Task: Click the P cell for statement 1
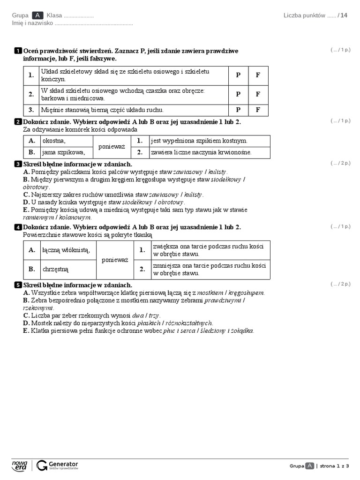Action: coord(238,75)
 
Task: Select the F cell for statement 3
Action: coord(258,110)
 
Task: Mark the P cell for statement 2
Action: coord(238,94)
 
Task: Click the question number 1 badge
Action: coord(18,51)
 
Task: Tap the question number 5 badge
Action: coord(18,285)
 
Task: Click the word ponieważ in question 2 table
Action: coord(112,147)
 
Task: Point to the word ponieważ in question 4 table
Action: coord(115,260)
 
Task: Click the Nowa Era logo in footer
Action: coord(20,465)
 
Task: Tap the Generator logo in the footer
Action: coord(57,465)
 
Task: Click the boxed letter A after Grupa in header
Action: coord(38,15)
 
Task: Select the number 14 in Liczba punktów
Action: coord(344,15)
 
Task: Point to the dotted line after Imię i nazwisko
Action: coord(94,23)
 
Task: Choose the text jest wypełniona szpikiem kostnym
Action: coord(199,141)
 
